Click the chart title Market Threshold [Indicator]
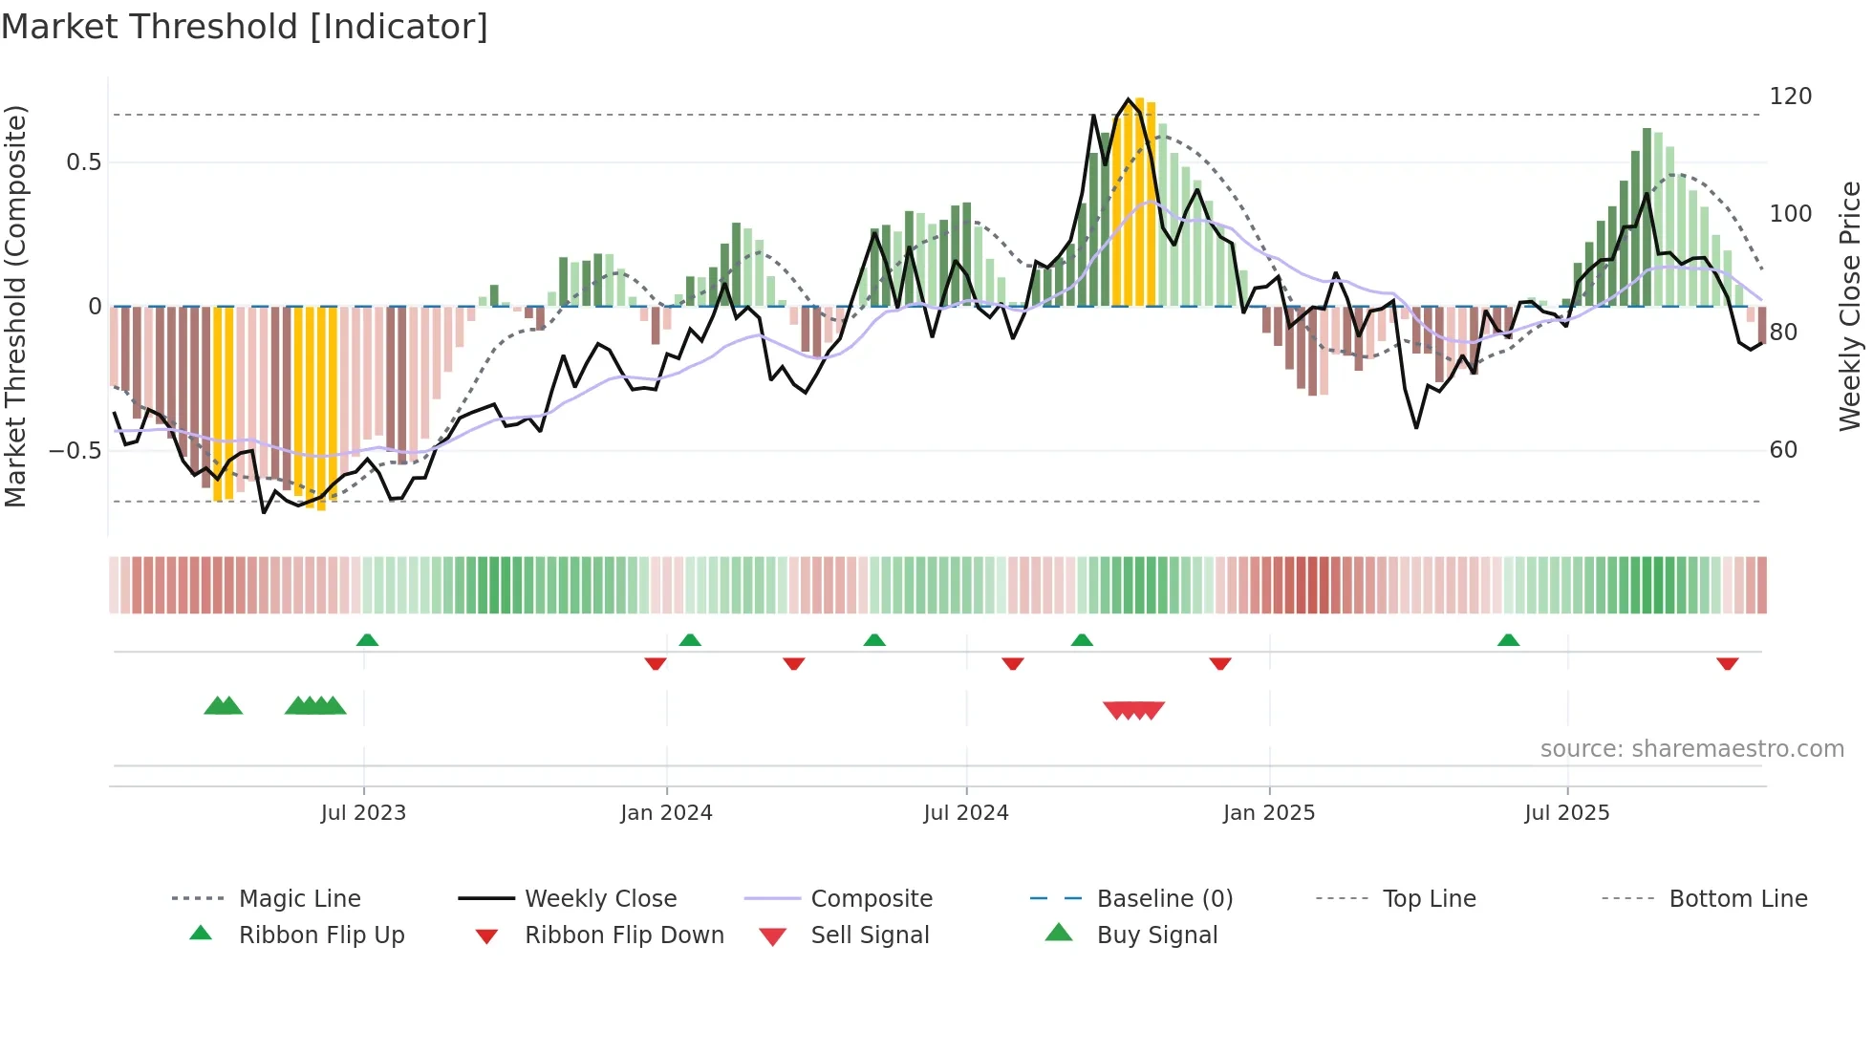(x=245, y=27)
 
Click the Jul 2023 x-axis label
(x=363, y=812)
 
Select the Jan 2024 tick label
(x=666, y=812)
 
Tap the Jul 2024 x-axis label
(x=965, y=812)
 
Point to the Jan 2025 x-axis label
(x=1268, y=812)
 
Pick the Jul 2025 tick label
(x=1566, y=812)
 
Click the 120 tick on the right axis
(x=1790, y=97)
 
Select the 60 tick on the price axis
(x=1783, y=449)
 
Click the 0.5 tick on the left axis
(x=83, y=162)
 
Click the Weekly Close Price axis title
(x=1850, y=306)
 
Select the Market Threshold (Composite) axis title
(x=15, y=306)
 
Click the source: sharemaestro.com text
(x=1691, y=748)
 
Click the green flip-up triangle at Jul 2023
(x=367, y=640)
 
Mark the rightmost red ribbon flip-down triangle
(x=1727, y=663)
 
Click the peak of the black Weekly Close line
(x=1129, y=99)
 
